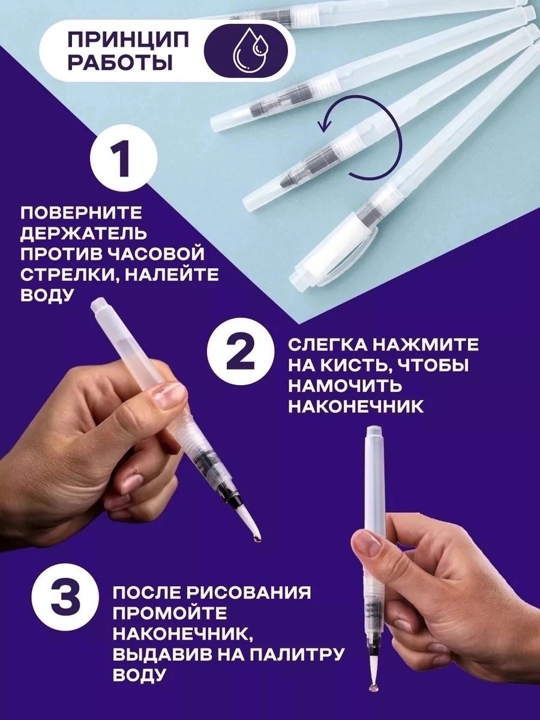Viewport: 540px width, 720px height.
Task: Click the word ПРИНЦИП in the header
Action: coord(128,41)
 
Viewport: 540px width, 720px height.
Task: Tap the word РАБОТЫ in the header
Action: coord(121,62)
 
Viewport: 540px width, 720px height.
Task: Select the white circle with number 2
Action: coord(241,360)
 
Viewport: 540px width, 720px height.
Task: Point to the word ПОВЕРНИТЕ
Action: coord(82,213)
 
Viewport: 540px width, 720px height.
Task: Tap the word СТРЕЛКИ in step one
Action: coord(69,275)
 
